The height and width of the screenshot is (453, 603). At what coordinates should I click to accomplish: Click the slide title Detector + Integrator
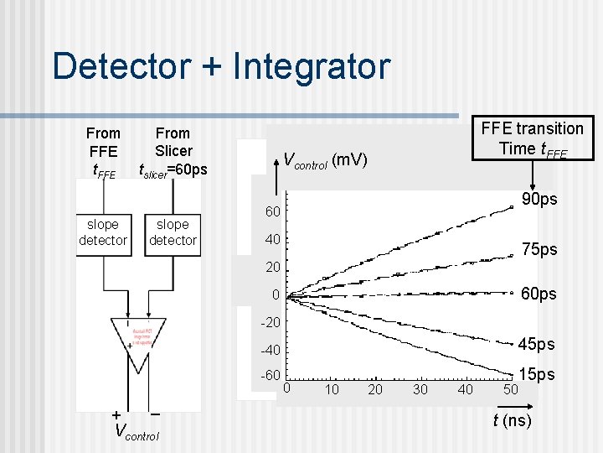tap(220, 66)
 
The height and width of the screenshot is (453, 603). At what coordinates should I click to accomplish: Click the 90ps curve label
tap(539, 199)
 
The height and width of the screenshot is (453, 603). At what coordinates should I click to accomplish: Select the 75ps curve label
tap(539, 249)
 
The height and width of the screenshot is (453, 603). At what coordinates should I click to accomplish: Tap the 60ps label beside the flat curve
tap(539, 294)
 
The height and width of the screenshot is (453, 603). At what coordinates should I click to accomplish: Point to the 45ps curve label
tap(536, 344)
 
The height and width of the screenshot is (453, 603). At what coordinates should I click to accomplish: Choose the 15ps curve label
tap(537, 374)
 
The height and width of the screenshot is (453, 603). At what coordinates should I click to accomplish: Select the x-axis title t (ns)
tap(510, 420)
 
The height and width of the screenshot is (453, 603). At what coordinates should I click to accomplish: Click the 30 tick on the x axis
tap(420, 390)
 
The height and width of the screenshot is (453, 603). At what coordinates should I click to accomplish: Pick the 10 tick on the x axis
tap(332, 390)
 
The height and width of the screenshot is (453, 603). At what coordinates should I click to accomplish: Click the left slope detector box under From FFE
tap(103, 232)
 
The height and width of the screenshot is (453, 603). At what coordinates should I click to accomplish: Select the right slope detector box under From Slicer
tap(173, 232)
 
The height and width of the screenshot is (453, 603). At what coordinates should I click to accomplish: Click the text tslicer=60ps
tap(173, 169)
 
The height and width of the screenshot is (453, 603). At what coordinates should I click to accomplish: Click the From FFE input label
tap(103, 151)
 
